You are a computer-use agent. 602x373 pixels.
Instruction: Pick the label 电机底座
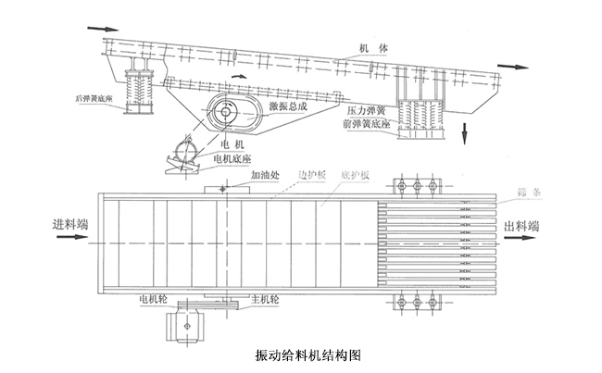point(232,158)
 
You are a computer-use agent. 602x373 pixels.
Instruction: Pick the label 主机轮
point(264,300)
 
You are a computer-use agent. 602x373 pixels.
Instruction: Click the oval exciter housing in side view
point(225,111)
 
